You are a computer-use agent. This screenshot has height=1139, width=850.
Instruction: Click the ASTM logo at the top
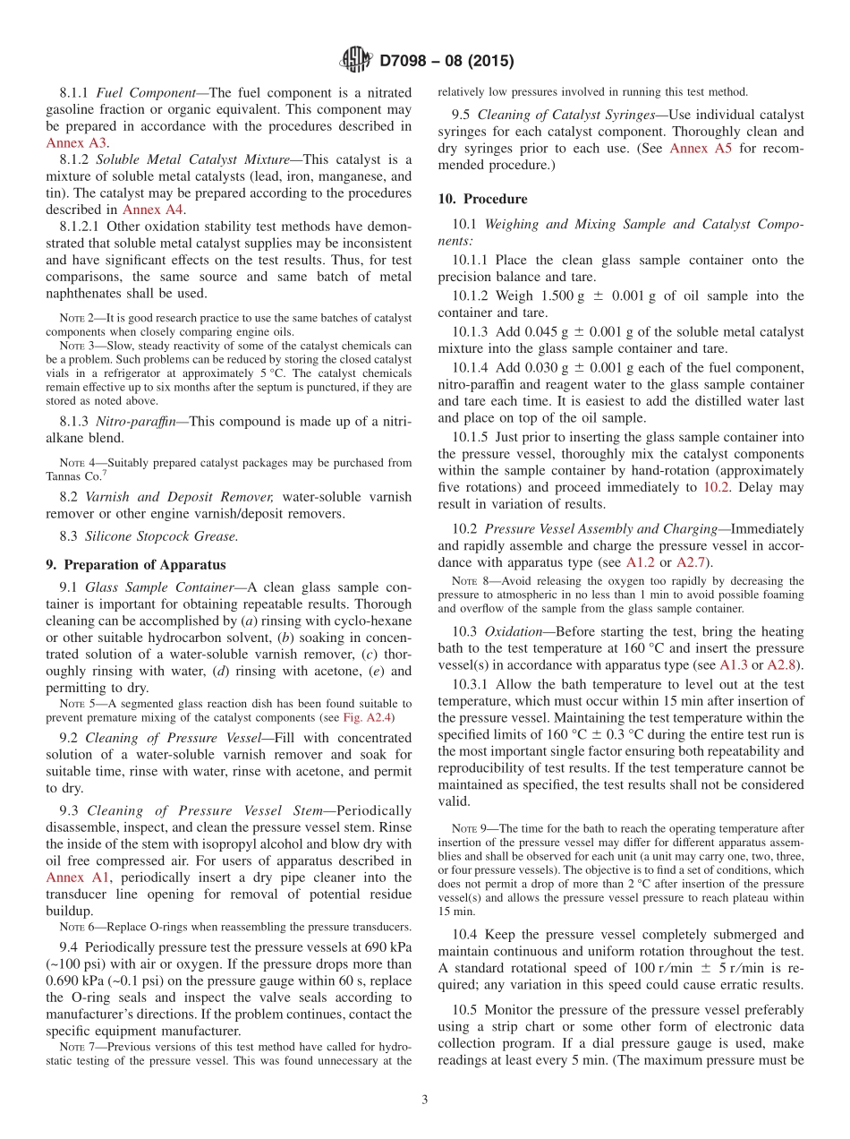(357, 61)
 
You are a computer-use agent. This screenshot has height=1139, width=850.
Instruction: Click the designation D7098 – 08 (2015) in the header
(446, 62)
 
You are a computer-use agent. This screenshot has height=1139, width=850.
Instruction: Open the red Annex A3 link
(77, 142)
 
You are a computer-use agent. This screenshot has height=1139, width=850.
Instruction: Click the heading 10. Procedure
(482, 199)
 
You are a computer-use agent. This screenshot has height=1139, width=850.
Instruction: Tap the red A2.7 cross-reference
(692, 562)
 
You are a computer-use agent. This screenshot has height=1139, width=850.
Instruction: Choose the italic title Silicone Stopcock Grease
(161, 536)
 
